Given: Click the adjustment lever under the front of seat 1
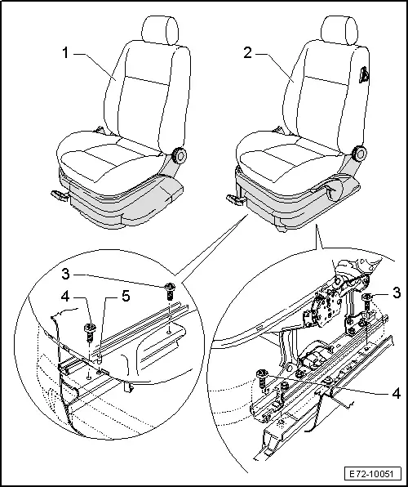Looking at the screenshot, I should (59, 195).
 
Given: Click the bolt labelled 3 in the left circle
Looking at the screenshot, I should (170, 288).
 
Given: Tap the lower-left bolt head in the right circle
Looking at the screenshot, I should (262, 373).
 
